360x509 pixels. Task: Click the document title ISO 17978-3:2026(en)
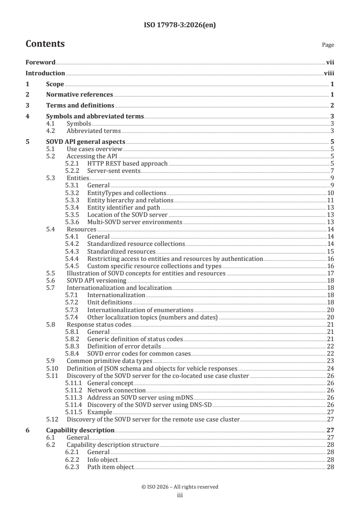coord(180,25)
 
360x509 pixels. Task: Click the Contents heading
coord(45,44)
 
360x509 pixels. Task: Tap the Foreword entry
coord(40,63)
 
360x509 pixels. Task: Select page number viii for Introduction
coord(329,73)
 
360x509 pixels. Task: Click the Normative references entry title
coord(79,94)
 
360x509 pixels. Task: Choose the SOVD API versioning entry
coord(96,280)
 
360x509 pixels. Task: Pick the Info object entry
coord(102,460)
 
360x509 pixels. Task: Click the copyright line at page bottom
coord(180,487)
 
